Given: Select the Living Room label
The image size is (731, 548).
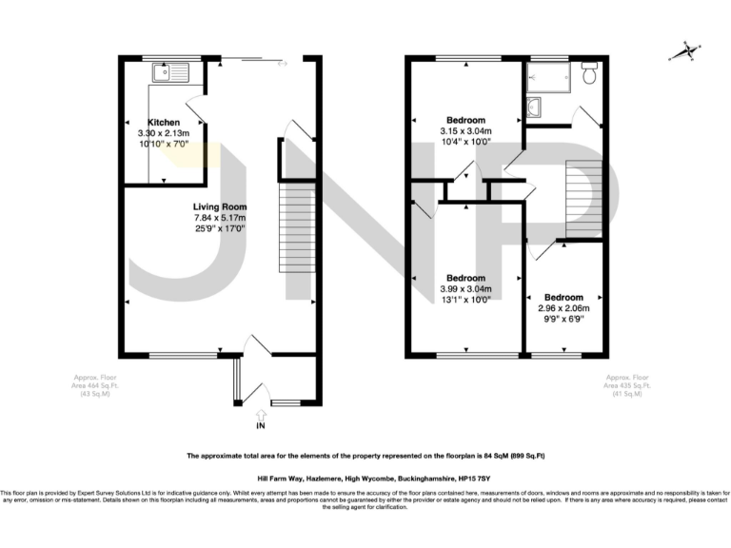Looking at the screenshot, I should [x=220, y=206].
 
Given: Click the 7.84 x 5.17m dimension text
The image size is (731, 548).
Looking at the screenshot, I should [x=220, y=217].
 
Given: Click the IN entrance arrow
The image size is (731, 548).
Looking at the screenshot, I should [x=260, y=415].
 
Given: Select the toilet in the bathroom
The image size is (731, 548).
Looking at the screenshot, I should [x=590, y=72].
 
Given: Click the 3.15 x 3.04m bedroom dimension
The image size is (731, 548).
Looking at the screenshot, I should [x=465, y=131].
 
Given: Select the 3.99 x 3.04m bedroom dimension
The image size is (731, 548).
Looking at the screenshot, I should [x=465, y=289].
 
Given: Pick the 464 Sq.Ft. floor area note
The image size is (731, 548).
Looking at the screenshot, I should [x=94, y=386].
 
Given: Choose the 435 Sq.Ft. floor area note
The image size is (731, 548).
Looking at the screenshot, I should [x=628, y=386].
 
